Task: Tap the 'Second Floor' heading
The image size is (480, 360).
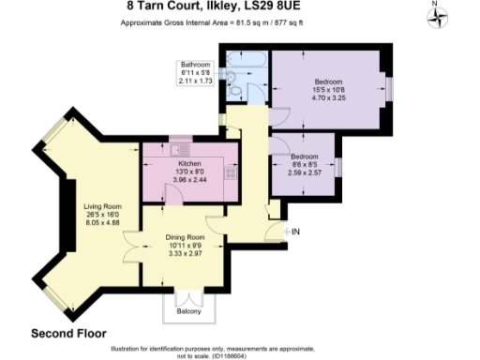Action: (x=68, y=333)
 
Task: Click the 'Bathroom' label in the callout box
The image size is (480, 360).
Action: (x=195, y=65)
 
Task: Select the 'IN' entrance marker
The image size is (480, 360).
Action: (x=294, y=231)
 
